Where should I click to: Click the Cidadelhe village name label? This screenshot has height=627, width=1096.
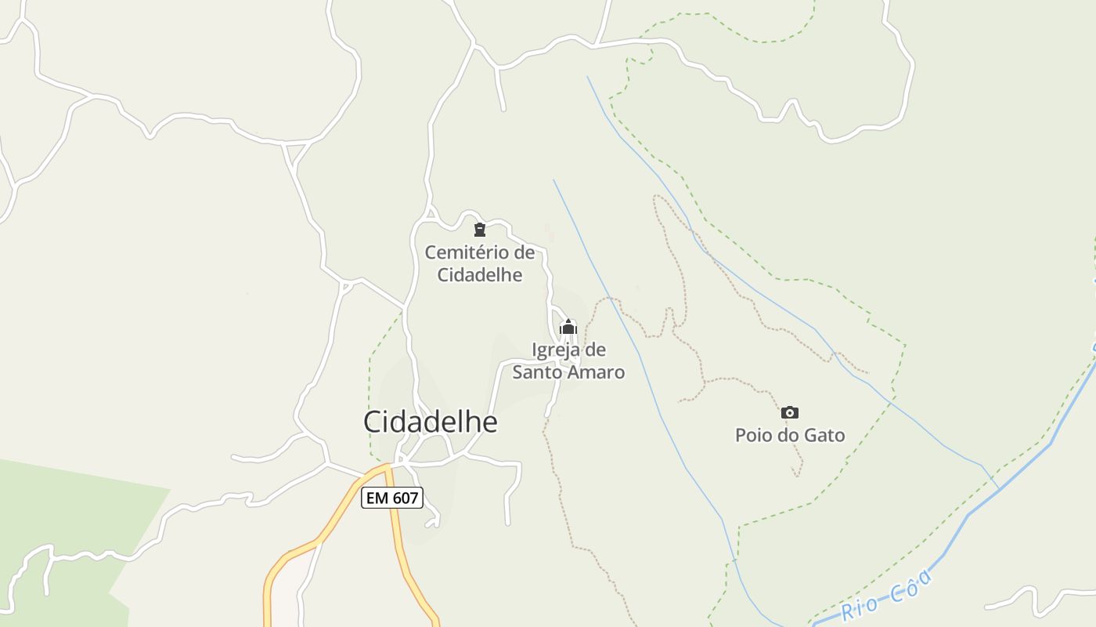pyautogui.click(x=430, y=422)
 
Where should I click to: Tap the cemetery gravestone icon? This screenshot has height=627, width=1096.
pyautogui.click(x=480, y=230)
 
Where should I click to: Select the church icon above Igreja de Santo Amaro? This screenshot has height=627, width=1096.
pyautogui.click(x=568, y=327)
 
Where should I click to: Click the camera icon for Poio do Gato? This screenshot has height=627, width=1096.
pyautogui.click(x=790, y=412)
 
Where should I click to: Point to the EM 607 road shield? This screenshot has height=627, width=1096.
pyautogui.click(x=392, y=497)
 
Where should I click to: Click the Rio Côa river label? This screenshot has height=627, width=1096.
pyautogui.click(x=887, y=595)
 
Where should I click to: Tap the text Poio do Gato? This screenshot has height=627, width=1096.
pyautogui.click(x=790, y=435)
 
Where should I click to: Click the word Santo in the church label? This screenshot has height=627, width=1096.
pyautogui.click(x=539, y=372)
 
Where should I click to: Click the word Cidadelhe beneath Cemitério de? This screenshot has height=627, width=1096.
pyautogui.click(x=479, y=275)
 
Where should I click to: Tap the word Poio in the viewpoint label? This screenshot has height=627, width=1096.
pyautogui.click(x=752, y=435)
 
